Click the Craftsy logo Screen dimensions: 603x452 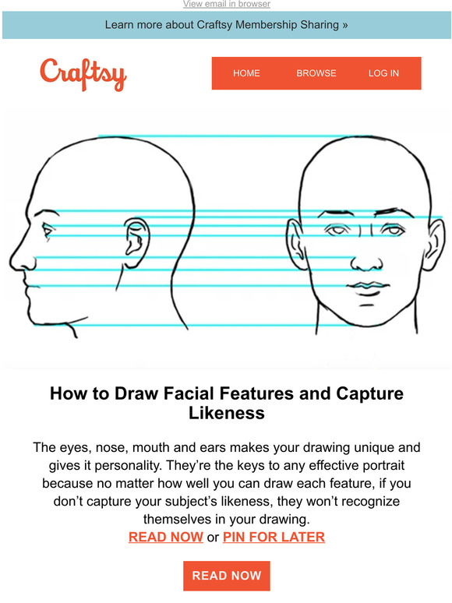click(x=83, y=73)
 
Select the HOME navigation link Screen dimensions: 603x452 click(x=246, y=73)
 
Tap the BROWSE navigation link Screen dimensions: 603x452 click(x=316, y=73)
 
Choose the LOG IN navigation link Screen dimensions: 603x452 click(x=383, y=73)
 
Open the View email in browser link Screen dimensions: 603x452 click(x=226, y=5)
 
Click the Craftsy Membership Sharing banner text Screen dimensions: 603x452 click(x=226, y=25)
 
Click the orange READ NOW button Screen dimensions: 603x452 click(x=226, y=576)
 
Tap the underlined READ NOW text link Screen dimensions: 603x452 click(x=165, y=537)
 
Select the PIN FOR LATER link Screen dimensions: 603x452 click(x=274, y=537)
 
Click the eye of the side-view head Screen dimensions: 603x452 click(x=48, y=231)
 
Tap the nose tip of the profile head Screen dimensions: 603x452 click(x=12, y=257)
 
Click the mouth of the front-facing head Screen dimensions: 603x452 click(x=362, y=285)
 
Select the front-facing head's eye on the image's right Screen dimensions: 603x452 click(x=390, y=231)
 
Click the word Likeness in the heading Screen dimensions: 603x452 click(x=226, y=414)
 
